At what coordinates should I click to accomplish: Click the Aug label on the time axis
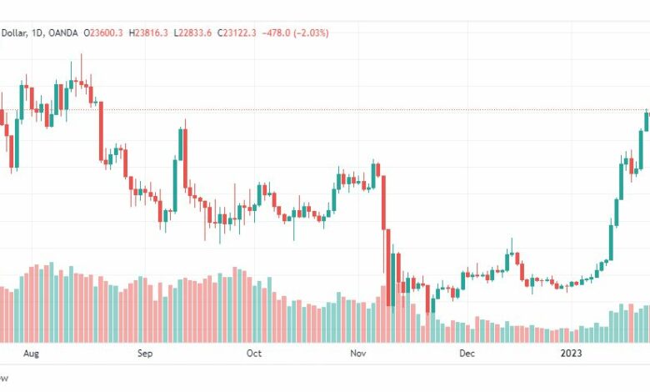(31, 354)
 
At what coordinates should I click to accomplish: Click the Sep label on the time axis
(145, 354)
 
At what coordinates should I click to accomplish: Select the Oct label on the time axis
(254, 354)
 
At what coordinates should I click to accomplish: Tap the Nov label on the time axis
(359, 354)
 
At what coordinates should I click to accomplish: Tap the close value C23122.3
(237, 33)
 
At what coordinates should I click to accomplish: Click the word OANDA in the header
(62, 33)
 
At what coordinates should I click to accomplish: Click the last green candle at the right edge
(647, 122)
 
